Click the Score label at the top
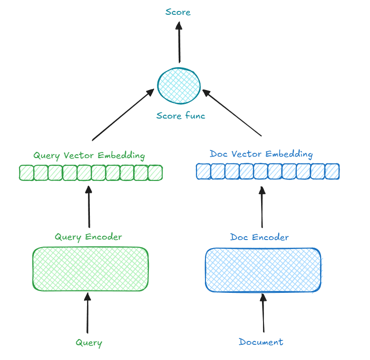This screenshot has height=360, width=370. (178, 12)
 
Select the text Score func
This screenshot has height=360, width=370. (181, 116)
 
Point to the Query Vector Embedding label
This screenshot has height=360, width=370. (89, 156)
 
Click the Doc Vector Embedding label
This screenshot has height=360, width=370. (261, 154)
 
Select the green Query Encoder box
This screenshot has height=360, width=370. (90, 269)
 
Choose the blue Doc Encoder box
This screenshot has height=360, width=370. (263, 270)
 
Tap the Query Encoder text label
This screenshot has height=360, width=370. (88, 237)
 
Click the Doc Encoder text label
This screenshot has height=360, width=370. (259, 237)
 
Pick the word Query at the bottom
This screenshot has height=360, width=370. (89, 342)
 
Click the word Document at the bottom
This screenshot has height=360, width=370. (261, 342)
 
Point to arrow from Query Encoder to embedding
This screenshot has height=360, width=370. (88, 207)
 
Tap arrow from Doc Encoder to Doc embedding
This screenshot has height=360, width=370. (262, 207)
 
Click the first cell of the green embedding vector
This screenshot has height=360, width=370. (27, 172)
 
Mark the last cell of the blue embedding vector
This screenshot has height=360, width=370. (332, 171)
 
